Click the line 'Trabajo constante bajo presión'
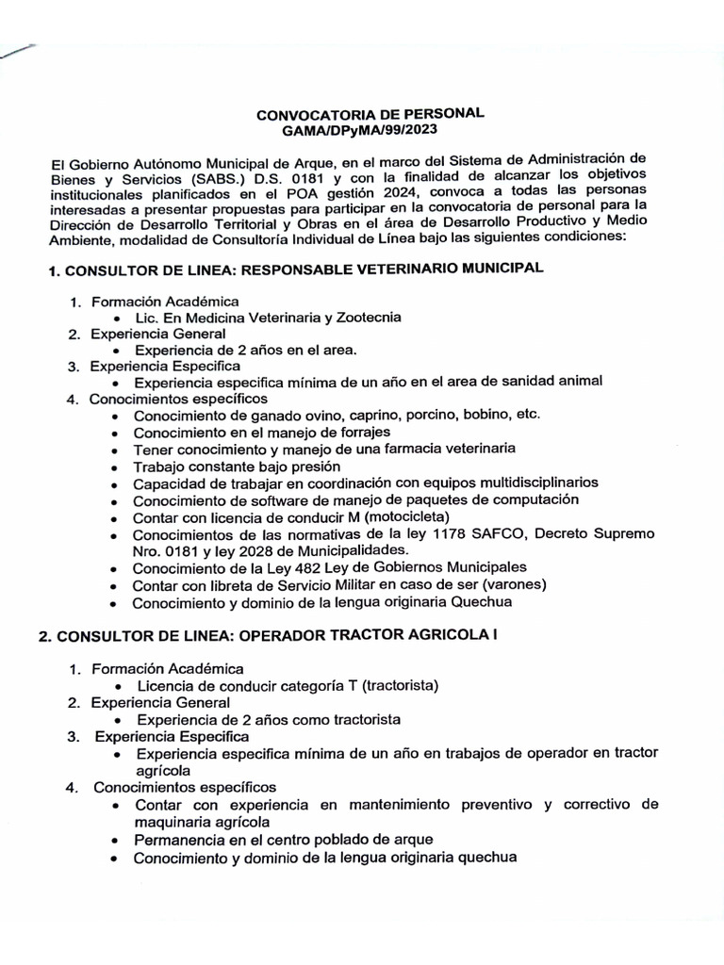click(238, 466)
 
